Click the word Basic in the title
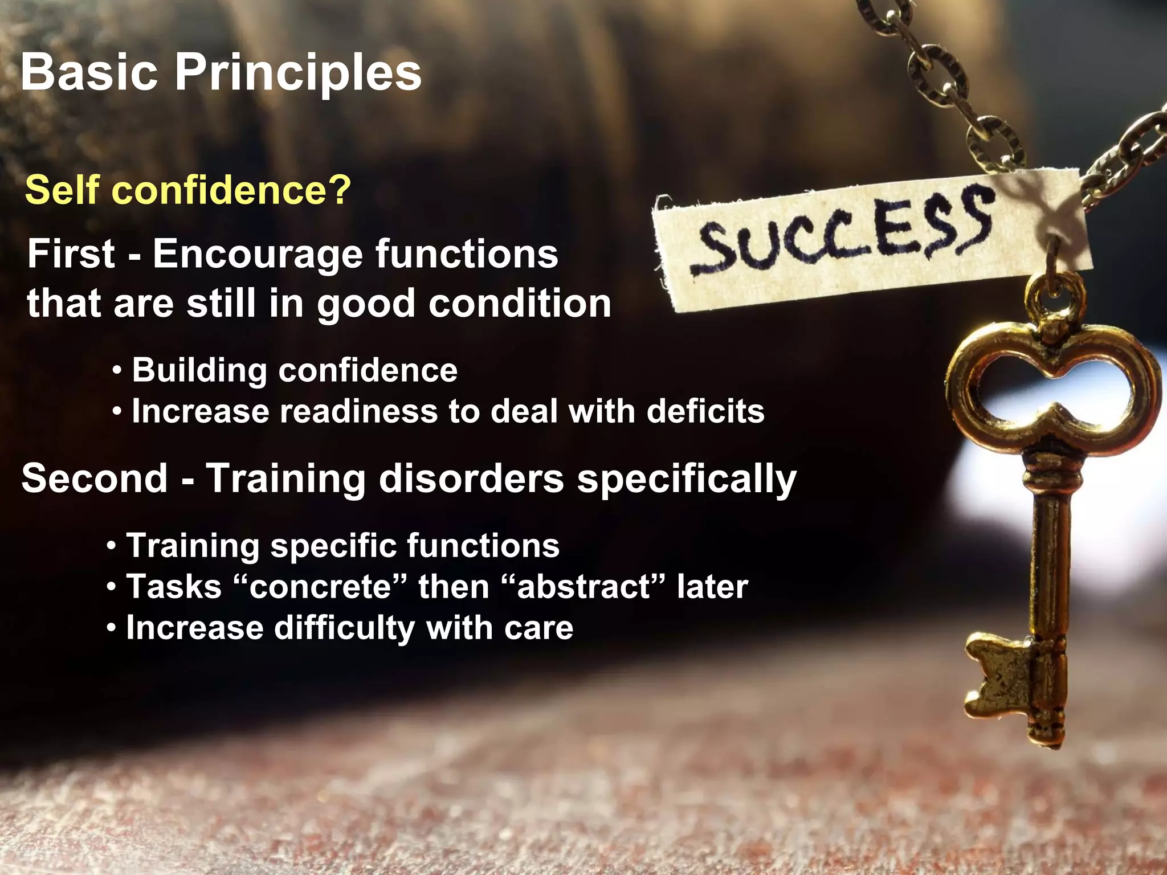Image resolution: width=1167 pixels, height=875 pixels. point(89,73)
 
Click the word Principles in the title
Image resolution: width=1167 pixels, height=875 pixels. point(297,73)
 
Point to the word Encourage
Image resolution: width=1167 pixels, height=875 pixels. point(258,255)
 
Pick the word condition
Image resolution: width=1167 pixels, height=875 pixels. point(520,303)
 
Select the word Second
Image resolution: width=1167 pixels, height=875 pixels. point(95,478)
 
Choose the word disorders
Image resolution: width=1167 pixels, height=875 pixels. point(471,478)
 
